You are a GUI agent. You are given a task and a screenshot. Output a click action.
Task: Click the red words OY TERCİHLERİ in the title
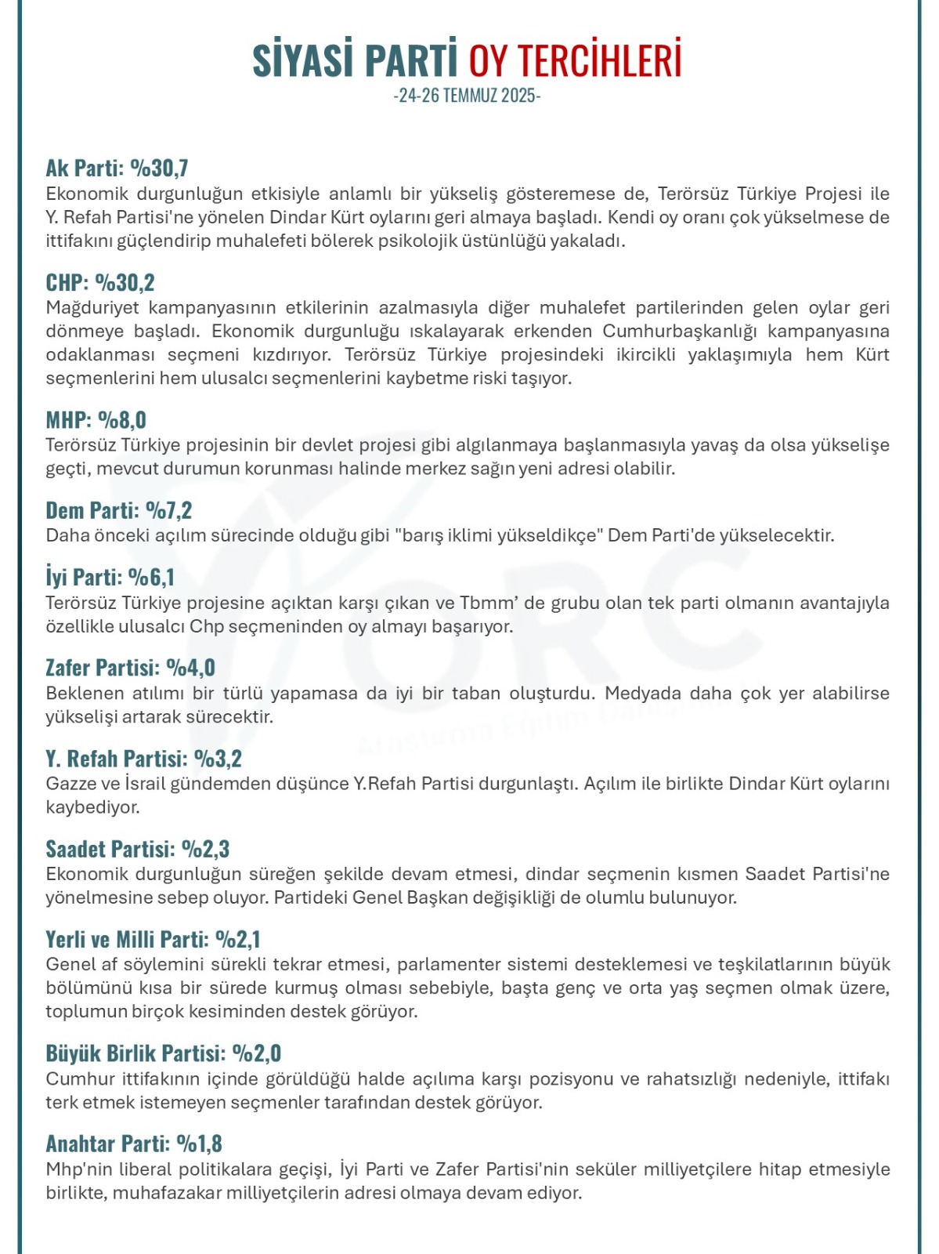coord(575,60)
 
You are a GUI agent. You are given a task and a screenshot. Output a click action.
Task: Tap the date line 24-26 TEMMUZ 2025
coord(467,96)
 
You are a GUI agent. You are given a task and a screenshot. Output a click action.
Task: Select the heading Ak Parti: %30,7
coord(117,168)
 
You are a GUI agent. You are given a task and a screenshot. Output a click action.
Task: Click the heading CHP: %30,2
coord(100,282)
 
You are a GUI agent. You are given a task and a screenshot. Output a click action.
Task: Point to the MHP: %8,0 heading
coord(96,419)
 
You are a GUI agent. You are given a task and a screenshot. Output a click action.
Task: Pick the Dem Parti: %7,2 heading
coord(118,510)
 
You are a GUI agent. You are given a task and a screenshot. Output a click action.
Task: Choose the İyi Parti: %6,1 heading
coord(110,578)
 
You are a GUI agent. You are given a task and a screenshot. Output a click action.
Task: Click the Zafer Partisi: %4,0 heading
coord(130,668)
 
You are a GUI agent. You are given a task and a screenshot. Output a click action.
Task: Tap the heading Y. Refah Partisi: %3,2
coord(143,758)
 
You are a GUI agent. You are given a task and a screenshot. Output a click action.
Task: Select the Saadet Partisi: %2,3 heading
coord(137,849)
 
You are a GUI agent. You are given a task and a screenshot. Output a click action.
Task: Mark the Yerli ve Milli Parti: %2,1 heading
coord(153,939)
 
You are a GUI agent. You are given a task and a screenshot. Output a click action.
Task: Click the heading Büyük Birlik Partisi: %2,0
coord(163,1053)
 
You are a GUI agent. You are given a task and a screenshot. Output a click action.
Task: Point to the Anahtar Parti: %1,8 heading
coord(134,1143)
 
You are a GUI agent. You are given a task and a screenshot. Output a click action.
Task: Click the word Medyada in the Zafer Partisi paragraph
coord(639,694)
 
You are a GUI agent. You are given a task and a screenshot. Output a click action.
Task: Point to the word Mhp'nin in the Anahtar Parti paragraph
coord(78,1169)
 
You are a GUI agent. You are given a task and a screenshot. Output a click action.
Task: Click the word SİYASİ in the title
coord(303,60)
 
